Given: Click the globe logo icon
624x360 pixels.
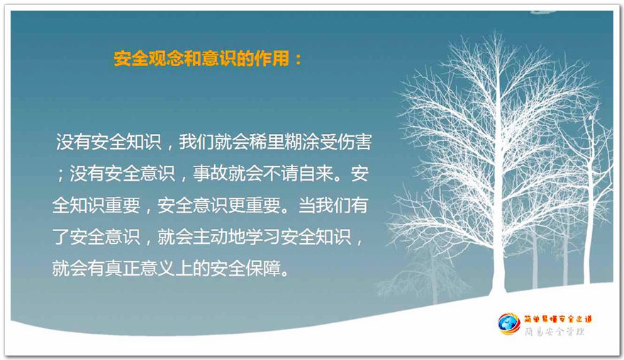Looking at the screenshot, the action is [508, 324].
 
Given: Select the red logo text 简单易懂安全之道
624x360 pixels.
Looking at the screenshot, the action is [558, 319].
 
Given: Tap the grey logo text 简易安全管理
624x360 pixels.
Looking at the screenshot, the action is [555, 332].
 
